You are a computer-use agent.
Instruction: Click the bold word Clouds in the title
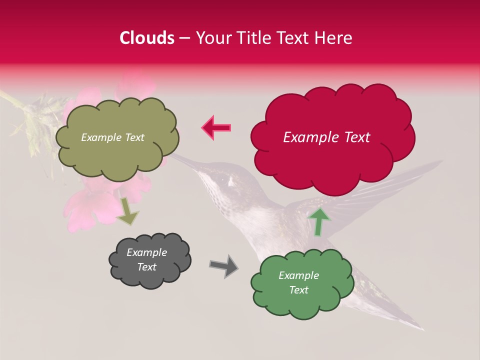(147, 38)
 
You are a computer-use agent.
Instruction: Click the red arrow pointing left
(216, 127)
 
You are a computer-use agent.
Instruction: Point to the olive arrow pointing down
(128, 210)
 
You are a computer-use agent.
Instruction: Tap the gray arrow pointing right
(223, 265)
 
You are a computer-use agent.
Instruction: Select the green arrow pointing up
(318, 221)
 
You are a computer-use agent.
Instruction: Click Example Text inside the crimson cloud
(326, 137)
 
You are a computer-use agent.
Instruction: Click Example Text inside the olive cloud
(112, 137)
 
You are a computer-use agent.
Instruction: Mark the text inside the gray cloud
(146, 260)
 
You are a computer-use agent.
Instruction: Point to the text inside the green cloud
(298, 282)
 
